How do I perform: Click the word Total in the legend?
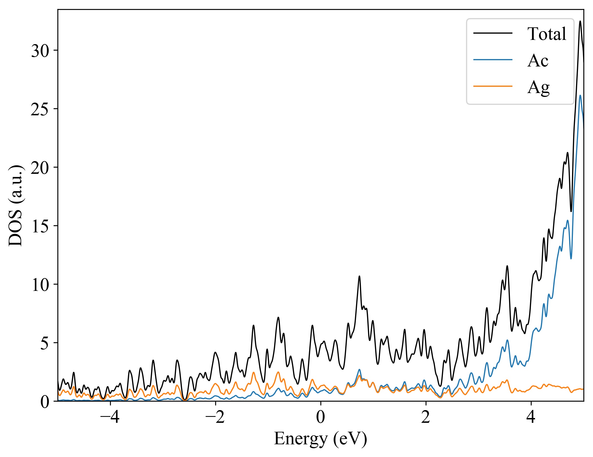pos(546,34)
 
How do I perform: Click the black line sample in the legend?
pos(493,33)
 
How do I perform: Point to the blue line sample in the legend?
pos(493,60)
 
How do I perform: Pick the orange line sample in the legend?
pos(493,86)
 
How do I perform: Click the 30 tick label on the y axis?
pos(40,51)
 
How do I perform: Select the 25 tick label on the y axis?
pos(40,110)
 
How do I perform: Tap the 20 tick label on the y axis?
pos(40,168)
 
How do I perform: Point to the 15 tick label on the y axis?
pos(40,227)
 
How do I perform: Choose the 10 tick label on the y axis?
pos(40,285)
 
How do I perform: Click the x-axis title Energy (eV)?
pos(320,439)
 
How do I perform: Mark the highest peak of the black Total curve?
pos(580,21)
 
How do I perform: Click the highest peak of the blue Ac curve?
pos(580,96)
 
